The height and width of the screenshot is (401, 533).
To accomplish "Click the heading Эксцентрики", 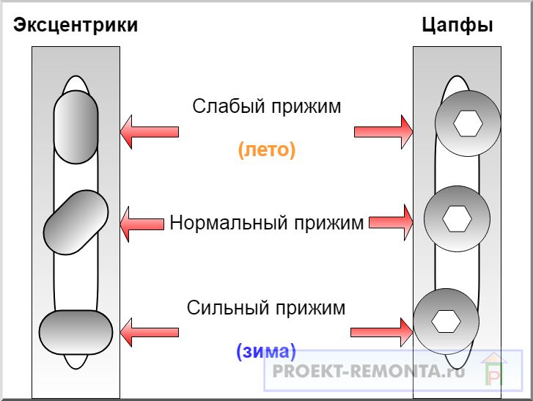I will click(76, 25).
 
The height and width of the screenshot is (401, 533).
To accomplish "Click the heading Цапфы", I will click(457, 25).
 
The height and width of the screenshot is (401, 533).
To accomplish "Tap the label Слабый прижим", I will click(267, 106).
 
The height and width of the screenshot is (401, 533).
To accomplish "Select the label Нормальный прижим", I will click(267, 222).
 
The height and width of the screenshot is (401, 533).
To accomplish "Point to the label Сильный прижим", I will click(266, 307).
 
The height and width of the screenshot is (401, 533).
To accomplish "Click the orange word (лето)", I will click(266, 150).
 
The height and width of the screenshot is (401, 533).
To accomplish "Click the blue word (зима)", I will click(265, 350).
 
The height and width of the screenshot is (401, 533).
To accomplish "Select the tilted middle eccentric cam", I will click(76, 222).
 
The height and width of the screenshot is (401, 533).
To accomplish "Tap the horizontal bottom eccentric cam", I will click(76, 331).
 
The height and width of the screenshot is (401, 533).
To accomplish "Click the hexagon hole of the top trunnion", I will click(468, 124).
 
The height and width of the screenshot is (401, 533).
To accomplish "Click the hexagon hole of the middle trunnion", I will click(457, 218).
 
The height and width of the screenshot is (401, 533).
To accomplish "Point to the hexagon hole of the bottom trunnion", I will click(444, 320).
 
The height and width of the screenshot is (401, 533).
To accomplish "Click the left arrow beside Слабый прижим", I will click(148, 131).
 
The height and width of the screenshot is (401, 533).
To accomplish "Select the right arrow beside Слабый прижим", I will click(383, 131).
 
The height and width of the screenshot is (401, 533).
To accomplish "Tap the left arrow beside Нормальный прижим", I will click(141, 222).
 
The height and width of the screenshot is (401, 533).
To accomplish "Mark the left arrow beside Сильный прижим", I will click(148, 331).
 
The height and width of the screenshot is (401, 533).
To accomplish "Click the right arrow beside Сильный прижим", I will click(381, 331).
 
